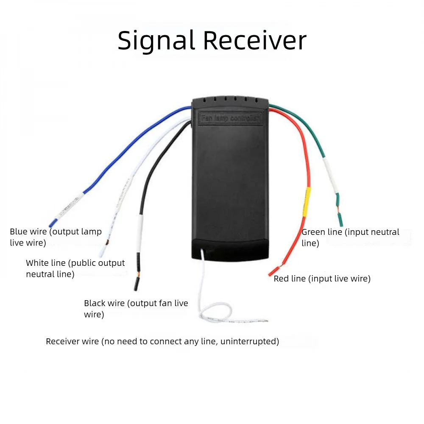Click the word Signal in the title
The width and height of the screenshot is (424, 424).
coord(156,41)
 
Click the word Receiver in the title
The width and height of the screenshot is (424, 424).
coord(254,41)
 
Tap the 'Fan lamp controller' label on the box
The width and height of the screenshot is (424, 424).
coord(231,117)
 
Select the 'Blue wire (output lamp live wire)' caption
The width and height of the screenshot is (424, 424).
coord(56,237)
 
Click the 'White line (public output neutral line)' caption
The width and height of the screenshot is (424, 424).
coord(75,268)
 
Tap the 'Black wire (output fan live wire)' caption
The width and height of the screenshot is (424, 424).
coord(136,309)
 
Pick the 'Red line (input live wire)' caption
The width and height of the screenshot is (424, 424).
coord(322,279)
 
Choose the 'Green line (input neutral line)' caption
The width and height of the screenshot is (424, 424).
coord(350,237)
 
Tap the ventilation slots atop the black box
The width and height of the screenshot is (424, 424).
coord(230,100)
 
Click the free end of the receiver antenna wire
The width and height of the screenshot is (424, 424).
coord(266,321)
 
